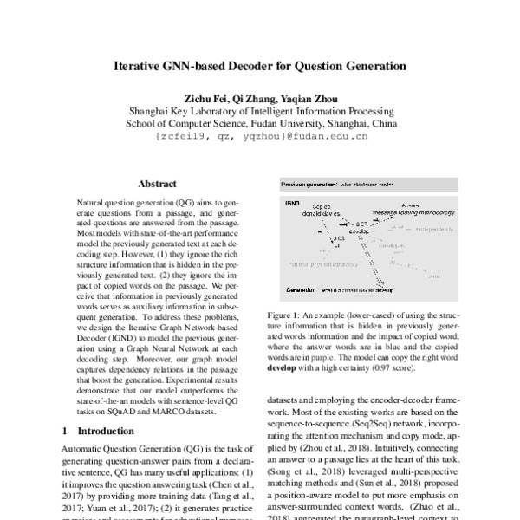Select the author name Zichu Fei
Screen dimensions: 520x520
[x=203, y=98]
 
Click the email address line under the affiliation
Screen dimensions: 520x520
[x=261, y=135]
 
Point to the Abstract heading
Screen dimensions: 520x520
[x=157, y=184]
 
